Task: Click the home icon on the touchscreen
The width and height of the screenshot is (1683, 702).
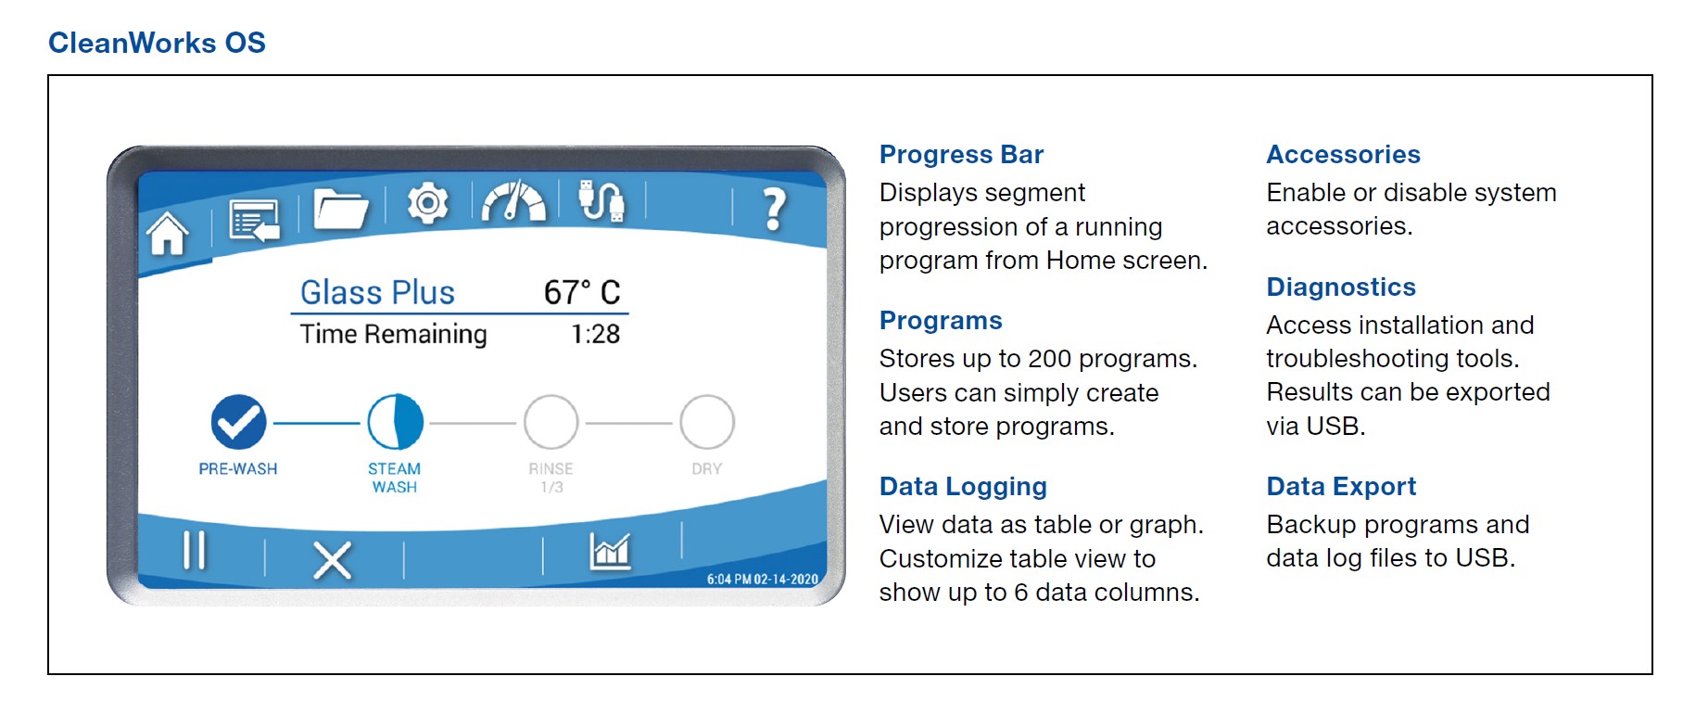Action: (x=168, y=233)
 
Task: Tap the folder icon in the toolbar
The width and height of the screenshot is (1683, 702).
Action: (x=340, y=209)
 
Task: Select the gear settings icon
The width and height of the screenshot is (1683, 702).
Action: (x=428, y=202)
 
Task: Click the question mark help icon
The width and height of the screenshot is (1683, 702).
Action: (x=774, y=210)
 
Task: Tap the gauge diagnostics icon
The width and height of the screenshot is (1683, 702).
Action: (x=514, y=201)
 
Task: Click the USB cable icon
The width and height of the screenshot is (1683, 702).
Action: (x=601, y=200)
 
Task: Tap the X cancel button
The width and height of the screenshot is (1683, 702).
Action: (x=332, y=560)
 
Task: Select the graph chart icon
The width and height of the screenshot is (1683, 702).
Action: (x=610, y=552)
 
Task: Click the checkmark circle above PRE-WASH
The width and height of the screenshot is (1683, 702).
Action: (x=238, y=422)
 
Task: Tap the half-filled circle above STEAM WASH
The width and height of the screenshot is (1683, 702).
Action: (x=395, y=422)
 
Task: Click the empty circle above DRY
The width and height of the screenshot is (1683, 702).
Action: (x=707, y=422)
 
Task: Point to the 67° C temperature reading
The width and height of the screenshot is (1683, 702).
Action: (x=582, y=292)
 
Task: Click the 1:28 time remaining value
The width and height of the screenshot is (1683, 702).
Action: (x=596, y=334)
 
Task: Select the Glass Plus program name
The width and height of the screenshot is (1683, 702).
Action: (x=377, y=293)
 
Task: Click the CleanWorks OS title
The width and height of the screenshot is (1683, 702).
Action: (x=157, y=43)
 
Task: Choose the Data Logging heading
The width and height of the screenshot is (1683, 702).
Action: (x=963, y=487)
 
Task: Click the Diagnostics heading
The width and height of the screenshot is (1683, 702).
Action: (x=1341, y=287)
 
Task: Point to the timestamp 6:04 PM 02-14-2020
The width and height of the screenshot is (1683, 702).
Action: (x=763, y=580)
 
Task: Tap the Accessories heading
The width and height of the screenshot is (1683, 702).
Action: (x=1344, y=154)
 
